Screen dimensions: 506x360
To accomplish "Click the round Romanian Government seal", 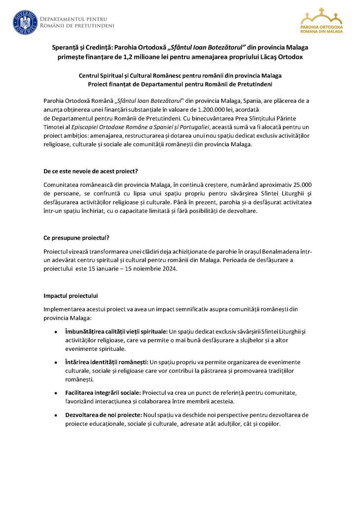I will coord(24,23).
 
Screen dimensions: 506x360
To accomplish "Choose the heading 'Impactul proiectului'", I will coord(71,296).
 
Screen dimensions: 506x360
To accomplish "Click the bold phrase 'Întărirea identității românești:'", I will coord(103,362).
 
